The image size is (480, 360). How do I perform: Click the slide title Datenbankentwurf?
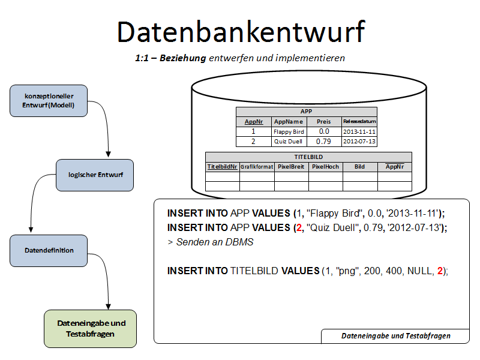click(240, 32)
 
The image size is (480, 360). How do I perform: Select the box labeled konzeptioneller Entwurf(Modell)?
click(49, 101)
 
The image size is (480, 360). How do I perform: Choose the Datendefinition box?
click(49, 251)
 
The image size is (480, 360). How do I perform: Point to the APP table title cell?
click(306, 112)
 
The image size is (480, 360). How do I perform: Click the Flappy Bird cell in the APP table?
click(289, 131)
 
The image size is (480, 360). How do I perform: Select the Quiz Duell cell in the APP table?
click(289, 142)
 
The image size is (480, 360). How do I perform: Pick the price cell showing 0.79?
click(324, 142)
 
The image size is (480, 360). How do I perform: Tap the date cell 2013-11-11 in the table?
click(359, 131)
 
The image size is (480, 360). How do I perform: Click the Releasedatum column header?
click(359, 121)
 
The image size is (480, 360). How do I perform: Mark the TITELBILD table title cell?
click(308, 157)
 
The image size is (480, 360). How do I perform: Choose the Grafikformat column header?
click(257, 166)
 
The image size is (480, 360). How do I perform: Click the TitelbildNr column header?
click(222, 166)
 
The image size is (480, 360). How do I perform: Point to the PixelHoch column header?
click(326, 166)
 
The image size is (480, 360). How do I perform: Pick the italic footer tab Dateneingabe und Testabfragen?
click(396, 336)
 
